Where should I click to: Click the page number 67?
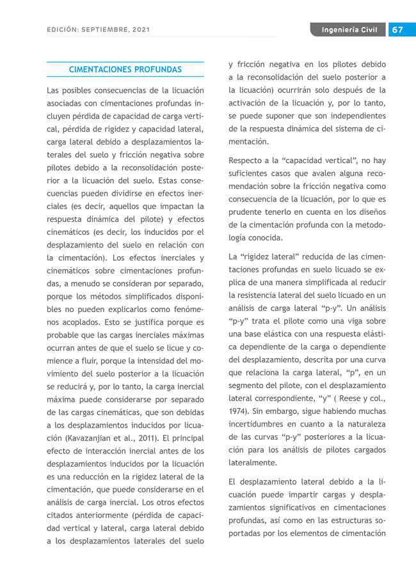397,30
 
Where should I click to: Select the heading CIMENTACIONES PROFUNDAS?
125,69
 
